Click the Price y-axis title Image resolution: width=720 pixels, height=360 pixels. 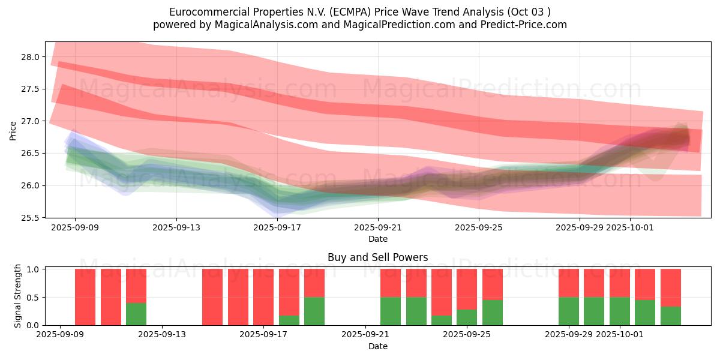13,131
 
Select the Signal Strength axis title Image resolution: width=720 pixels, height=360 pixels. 18,296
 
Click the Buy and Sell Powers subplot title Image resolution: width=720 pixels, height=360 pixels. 377,257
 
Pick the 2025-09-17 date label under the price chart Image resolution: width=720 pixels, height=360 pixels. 277,227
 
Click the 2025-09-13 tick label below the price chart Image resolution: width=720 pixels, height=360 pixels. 176,227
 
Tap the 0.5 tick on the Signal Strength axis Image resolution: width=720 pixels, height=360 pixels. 35,297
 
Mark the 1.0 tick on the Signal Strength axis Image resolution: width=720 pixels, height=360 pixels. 35,269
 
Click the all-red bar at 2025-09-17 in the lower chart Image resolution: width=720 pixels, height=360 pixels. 263,297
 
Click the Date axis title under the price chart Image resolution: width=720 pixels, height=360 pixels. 377,239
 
